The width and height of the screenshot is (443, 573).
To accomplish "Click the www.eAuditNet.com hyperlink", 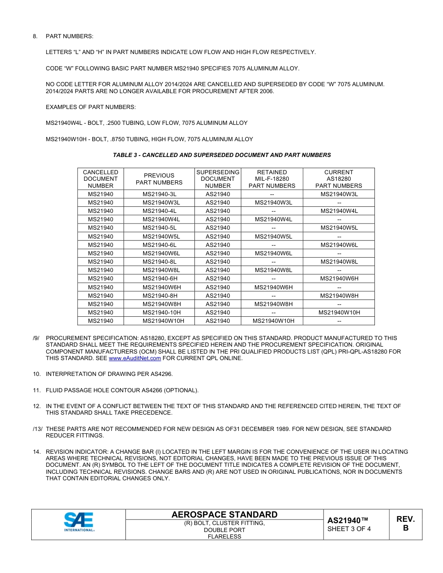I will coord(135,358).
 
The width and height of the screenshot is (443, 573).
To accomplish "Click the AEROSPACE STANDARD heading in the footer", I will coord(224,514).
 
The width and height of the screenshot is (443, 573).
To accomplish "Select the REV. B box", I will coord(405,524).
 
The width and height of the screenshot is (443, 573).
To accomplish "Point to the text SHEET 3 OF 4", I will coord(349,529).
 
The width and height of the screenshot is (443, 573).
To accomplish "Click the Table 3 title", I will coord(221,155).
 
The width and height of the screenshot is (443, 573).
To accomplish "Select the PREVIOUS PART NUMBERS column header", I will coord(159,179).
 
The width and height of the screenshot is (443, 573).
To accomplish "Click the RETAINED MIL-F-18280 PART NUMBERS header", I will coord(272,179).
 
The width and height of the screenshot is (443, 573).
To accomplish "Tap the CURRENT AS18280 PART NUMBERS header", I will coord(339,179).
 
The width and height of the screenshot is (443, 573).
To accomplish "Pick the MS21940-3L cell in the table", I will coord(159,194).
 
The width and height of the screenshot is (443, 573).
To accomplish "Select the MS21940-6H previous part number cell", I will coord(159,279).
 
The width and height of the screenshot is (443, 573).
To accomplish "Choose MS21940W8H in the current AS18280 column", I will coord(339,295).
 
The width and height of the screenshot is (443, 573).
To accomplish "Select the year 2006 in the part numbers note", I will coord(266,91).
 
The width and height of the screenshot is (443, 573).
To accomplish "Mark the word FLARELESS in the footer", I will coord(224,536).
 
